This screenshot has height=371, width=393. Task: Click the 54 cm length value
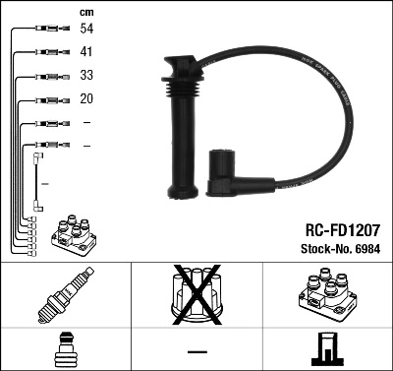point(86,31)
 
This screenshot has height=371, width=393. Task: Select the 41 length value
point(86,53)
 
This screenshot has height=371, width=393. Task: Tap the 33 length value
point(86,76)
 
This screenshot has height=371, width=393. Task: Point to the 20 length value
point(86,99)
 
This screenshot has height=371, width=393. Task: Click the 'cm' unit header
point(85,11)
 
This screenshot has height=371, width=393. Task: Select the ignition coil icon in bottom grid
point(326,295)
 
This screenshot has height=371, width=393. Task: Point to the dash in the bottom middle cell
point(196,350)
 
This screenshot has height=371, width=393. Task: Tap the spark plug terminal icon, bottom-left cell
point(65,350)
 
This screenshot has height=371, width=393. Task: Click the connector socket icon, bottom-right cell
point(326,350)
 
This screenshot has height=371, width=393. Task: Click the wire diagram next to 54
point(47,31)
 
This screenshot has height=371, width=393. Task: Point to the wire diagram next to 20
point(47,99)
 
